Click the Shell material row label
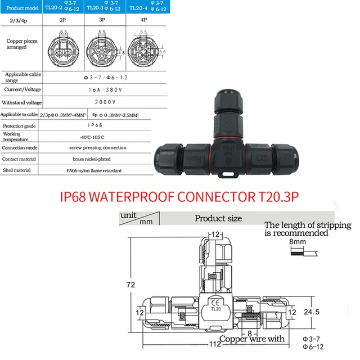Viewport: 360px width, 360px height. (x=19, y=169)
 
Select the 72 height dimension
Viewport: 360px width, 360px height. (x=130, y=285)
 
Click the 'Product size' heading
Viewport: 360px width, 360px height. (x=218, y=218)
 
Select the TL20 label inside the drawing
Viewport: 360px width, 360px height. (x=215, y=308)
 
